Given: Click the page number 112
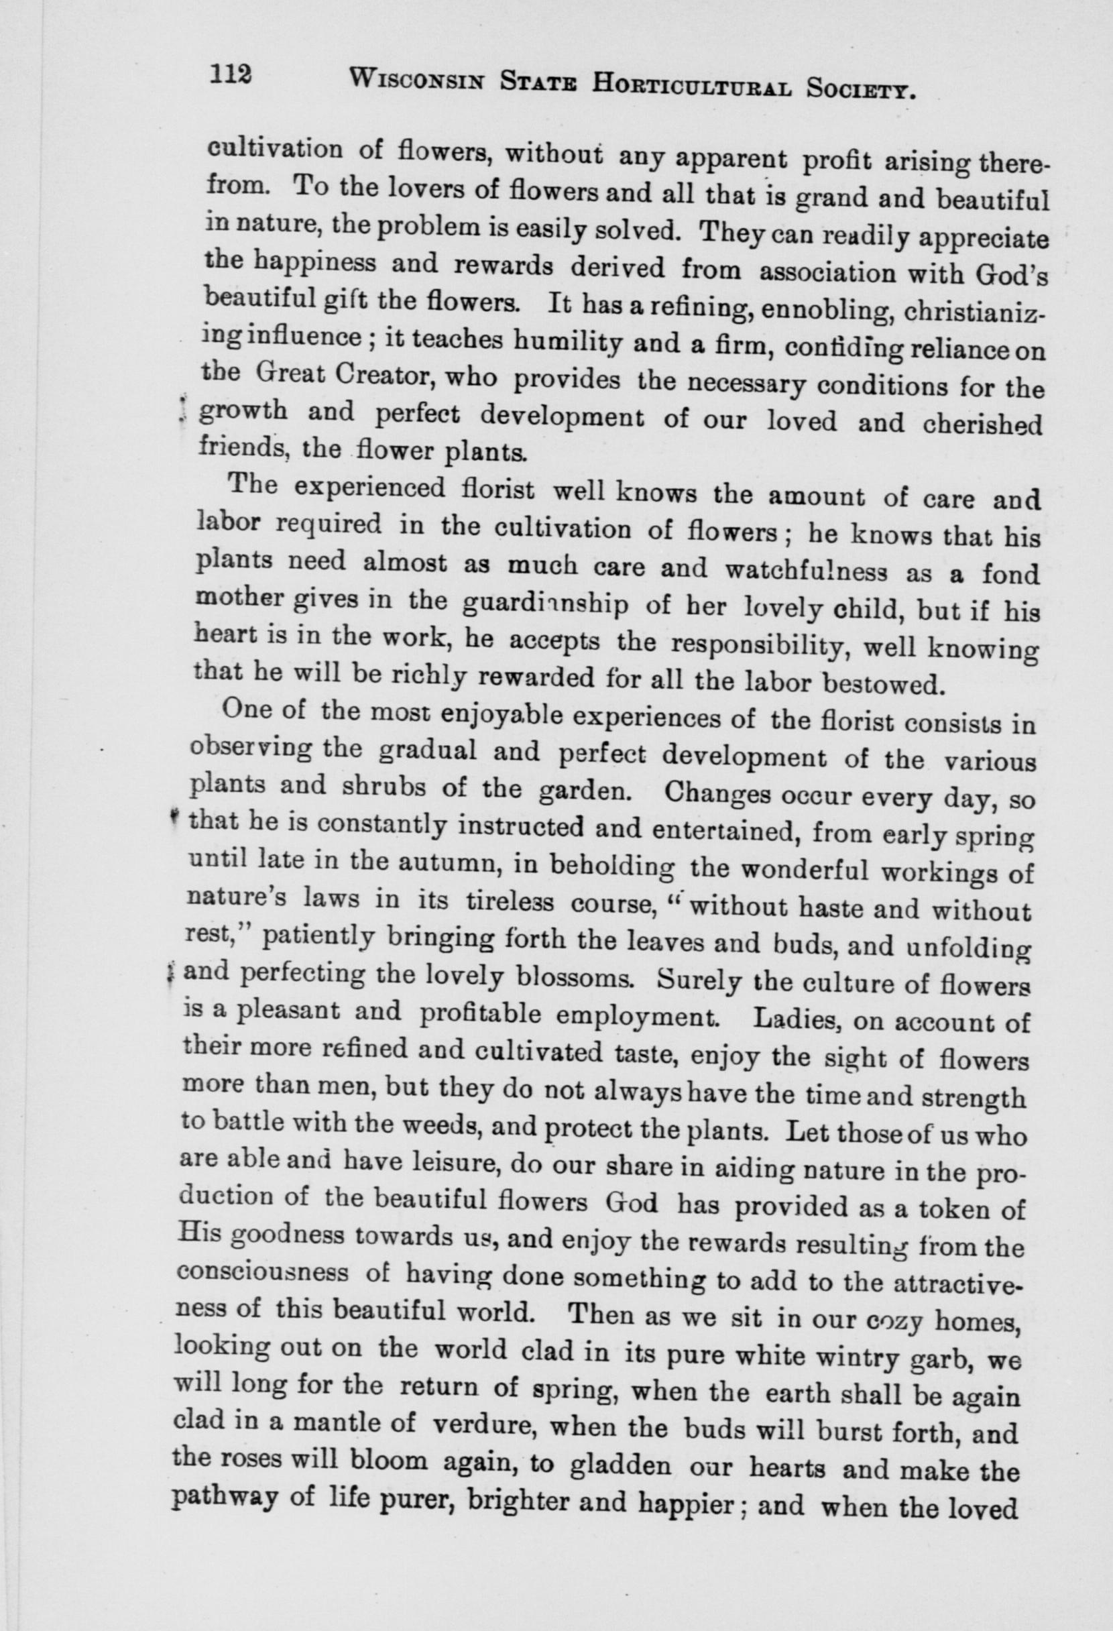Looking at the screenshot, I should pos(229,73).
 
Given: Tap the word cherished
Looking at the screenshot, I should pos(980,425).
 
